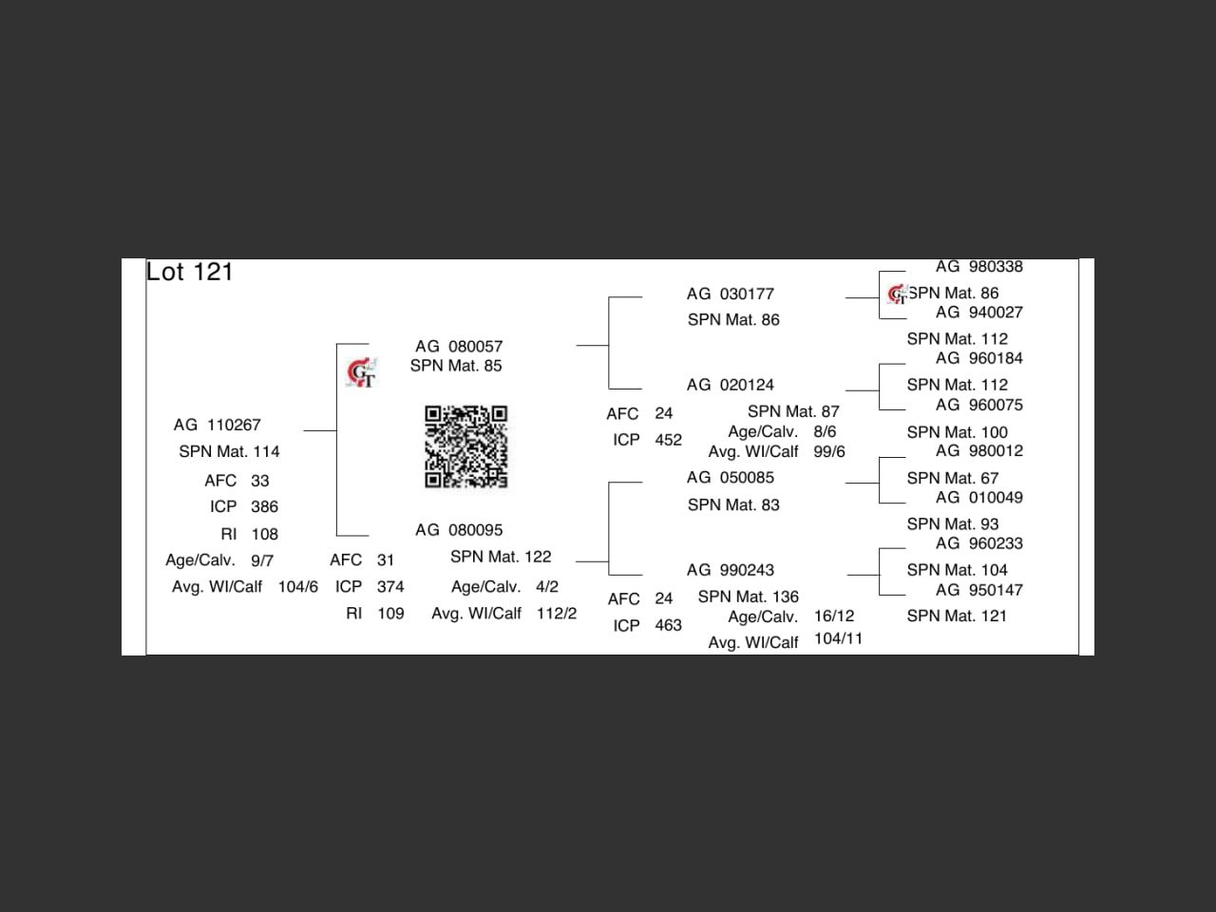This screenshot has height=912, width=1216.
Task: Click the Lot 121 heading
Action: (x=189, y=272)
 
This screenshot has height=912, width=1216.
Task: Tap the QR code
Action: (x=465, y=446)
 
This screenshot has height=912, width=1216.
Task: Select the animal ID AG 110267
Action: (x=218, y=425)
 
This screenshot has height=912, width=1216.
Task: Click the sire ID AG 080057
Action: (x=459, y=346)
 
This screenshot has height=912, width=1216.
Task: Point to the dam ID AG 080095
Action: (x=459, y=530)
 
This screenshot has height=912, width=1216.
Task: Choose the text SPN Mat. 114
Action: (x=229, y=451)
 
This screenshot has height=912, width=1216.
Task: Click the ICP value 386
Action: (x=264, y=506)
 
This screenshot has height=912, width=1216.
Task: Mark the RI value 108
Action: (x=264, y=534)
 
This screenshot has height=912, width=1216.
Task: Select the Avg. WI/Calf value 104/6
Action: (x=298, y=586)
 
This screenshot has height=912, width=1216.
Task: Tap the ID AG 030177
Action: (x=731, y=294)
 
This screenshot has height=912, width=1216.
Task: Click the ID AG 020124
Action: (x=731, y=385)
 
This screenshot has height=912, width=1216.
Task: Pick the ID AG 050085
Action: (x=731, y=477)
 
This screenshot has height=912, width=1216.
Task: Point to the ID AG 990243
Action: (x=731, y=570)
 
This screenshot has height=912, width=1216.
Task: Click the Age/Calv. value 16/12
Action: (x=834, y=616)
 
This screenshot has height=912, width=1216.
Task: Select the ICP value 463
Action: (x=668, y=625)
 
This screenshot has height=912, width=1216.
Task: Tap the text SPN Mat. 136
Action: (x=748, y=597)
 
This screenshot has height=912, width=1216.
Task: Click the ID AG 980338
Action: (x=978, y=266)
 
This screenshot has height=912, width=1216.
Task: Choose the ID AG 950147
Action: (x=978, y=590)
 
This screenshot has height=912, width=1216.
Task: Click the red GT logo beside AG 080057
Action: (x=361, y=372)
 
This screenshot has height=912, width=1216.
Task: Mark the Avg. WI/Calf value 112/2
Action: (x=556, y=613)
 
